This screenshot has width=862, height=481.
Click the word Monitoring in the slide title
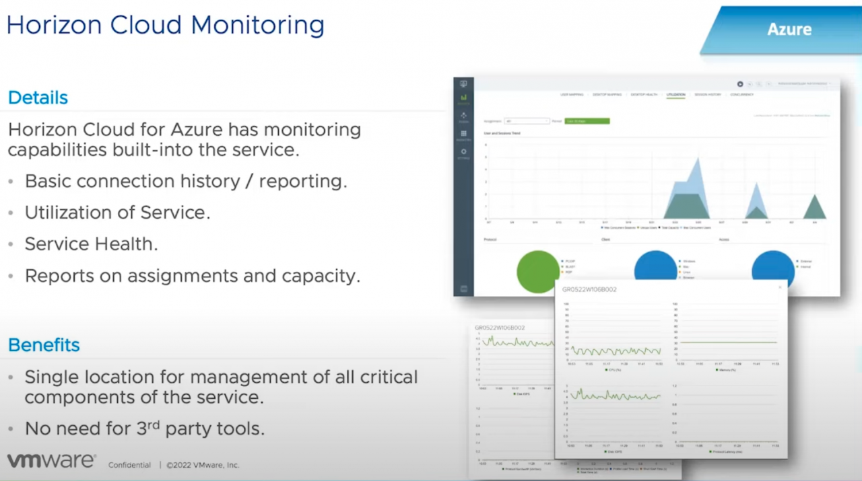[258, 25]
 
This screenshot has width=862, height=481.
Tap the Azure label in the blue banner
[789, 30]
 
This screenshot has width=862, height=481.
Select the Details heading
[38, 98]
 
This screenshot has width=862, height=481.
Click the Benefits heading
[44, 345]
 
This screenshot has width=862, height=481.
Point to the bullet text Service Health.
[91, 244]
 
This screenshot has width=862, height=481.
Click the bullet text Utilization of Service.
[117, 213]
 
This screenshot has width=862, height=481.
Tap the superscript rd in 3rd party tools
[158, 424]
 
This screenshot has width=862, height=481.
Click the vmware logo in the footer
[51, 461]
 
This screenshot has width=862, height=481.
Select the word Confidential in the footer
[129, 465]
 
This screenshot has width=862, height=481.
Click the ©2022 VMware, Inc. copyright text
[203, 465]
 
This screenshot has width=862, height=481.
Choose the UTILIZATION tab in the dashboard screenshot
[675, 95]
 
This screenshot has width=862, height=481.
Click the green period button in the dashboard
[587, 121]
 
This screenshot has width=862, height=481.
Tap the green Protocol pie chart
[538, 272]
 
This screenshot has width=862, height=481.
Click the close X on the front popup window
[781, 287]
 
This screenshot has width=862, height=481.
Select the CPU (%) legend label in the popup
[614, 369]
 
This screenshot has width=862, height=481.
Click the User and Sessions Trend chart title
[502, 133]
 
